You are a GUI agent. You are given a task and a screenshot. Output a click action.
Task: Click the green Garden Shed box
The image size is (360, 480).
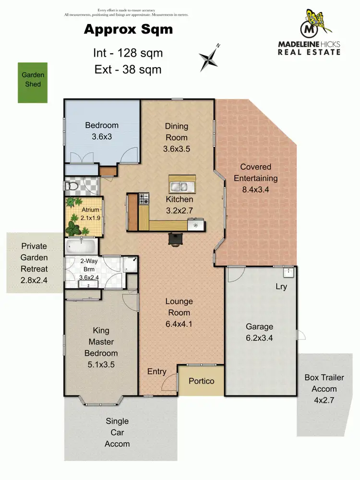pyautogui.click(x=33, y=83)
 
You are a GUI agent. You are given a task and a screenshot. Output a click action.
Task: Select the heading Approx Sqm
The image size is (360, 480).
pyautogui.click(x=128, y=30)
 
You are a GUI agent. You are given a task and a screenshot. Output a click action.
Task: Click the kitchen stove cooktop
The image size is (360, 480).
pyautogui.click(x=144, y=198)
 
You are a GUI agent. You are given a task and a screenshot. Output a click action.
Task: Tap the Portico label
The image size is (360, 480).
pyautogui.click(x=201, y=381)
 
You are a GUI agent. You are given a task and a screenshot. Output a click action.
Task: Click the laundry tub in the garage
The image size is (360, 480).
pyautogui.click(x=288, y=272)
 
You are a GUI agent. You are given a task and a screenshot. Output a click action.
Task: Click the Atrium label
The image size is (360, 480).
pyautogui.click(x=90, y=210)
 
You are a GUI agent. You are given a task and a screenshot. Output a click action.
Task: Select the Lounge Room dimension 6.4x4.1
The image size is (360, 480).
pyautogui.click(x=179, y=324)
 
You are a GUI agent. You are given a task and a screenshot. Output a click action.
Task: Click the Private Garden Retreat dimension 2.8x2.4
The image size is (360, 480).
pyautogui.click(x=34, y=280)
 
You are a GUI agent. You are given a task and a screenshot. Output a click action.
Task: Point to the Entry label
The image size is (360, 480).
pyautogui.click(x=157, y=372)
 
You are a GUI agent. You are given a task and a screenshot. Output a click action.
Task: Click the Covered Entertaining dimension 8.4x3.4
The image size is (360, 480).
pyautogui.click(x=256, y=189)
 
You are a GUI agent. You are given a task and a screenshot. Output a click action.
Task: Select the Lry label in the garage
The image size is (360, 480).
pyautogui.click(x=281, y=287)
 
